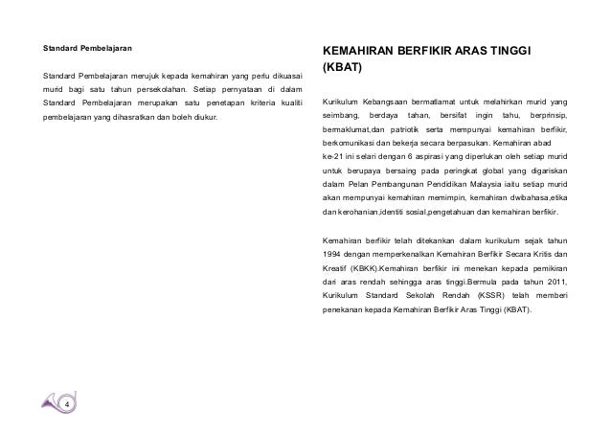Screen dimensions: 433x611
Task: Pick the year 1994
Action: tap(334, 254)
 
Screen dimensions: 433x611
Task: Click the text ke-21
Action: tap(332, 155)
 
